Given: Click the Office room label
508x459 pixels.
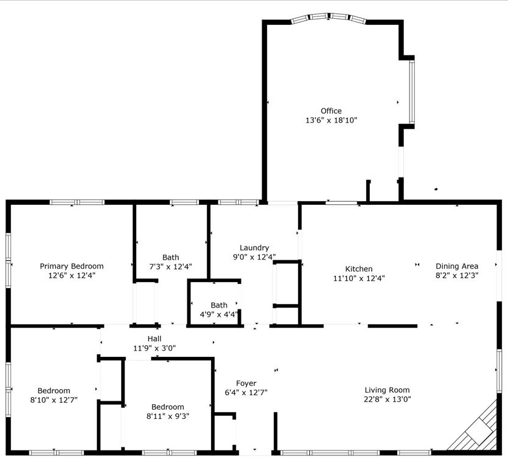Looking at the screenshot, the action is tap(331, 111).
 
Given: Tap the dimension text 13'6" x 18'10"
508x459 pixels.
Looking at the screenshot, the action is tap(331, 120).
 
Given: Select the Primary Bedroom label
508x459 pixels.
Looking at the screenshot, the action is tap(72, 266).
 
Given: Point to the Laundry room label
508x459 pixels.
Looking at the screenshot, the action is tap(254, 248).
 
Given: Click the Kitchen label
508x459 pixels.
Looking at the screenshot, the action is tap(359, 269).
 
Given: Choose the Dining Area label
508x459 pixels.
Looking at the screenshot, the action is tap(457, 266).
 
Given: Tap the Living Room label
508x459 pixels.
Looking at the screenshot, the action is tap(387, 390).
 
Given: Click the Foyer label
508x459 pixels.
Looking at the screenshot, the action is tap(246, 384).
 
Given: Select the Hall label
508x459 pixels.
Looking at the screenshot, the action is tap(155, 339).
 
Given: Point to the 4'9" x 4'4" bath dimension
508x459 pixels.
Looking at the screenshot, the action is tap(218, 314).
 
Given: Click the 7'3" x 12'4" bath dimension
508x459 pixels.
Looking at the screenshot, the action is tap(170, 267).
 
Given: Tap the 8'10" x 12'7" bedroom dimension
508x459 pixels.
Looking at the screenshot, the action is tap(54, 400).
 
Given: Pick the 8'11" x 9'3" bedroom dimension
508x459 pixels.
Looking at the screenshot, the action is tap(168, 416).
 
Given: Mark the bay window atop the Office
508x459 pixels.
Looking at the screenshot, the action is tap(329, 18).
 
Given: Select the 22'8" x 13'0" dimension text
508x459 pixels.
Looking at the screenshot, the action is tap(387, 399).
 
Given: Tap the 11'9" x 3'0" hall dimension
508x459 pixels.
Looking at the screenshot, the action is tap(155, 348).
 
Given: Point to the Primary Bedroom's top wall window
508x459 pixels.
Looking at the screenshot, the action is tap(77, 202).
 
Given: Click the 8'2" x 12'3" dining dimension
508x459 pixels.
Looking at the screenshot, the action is tap(457, 276).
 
